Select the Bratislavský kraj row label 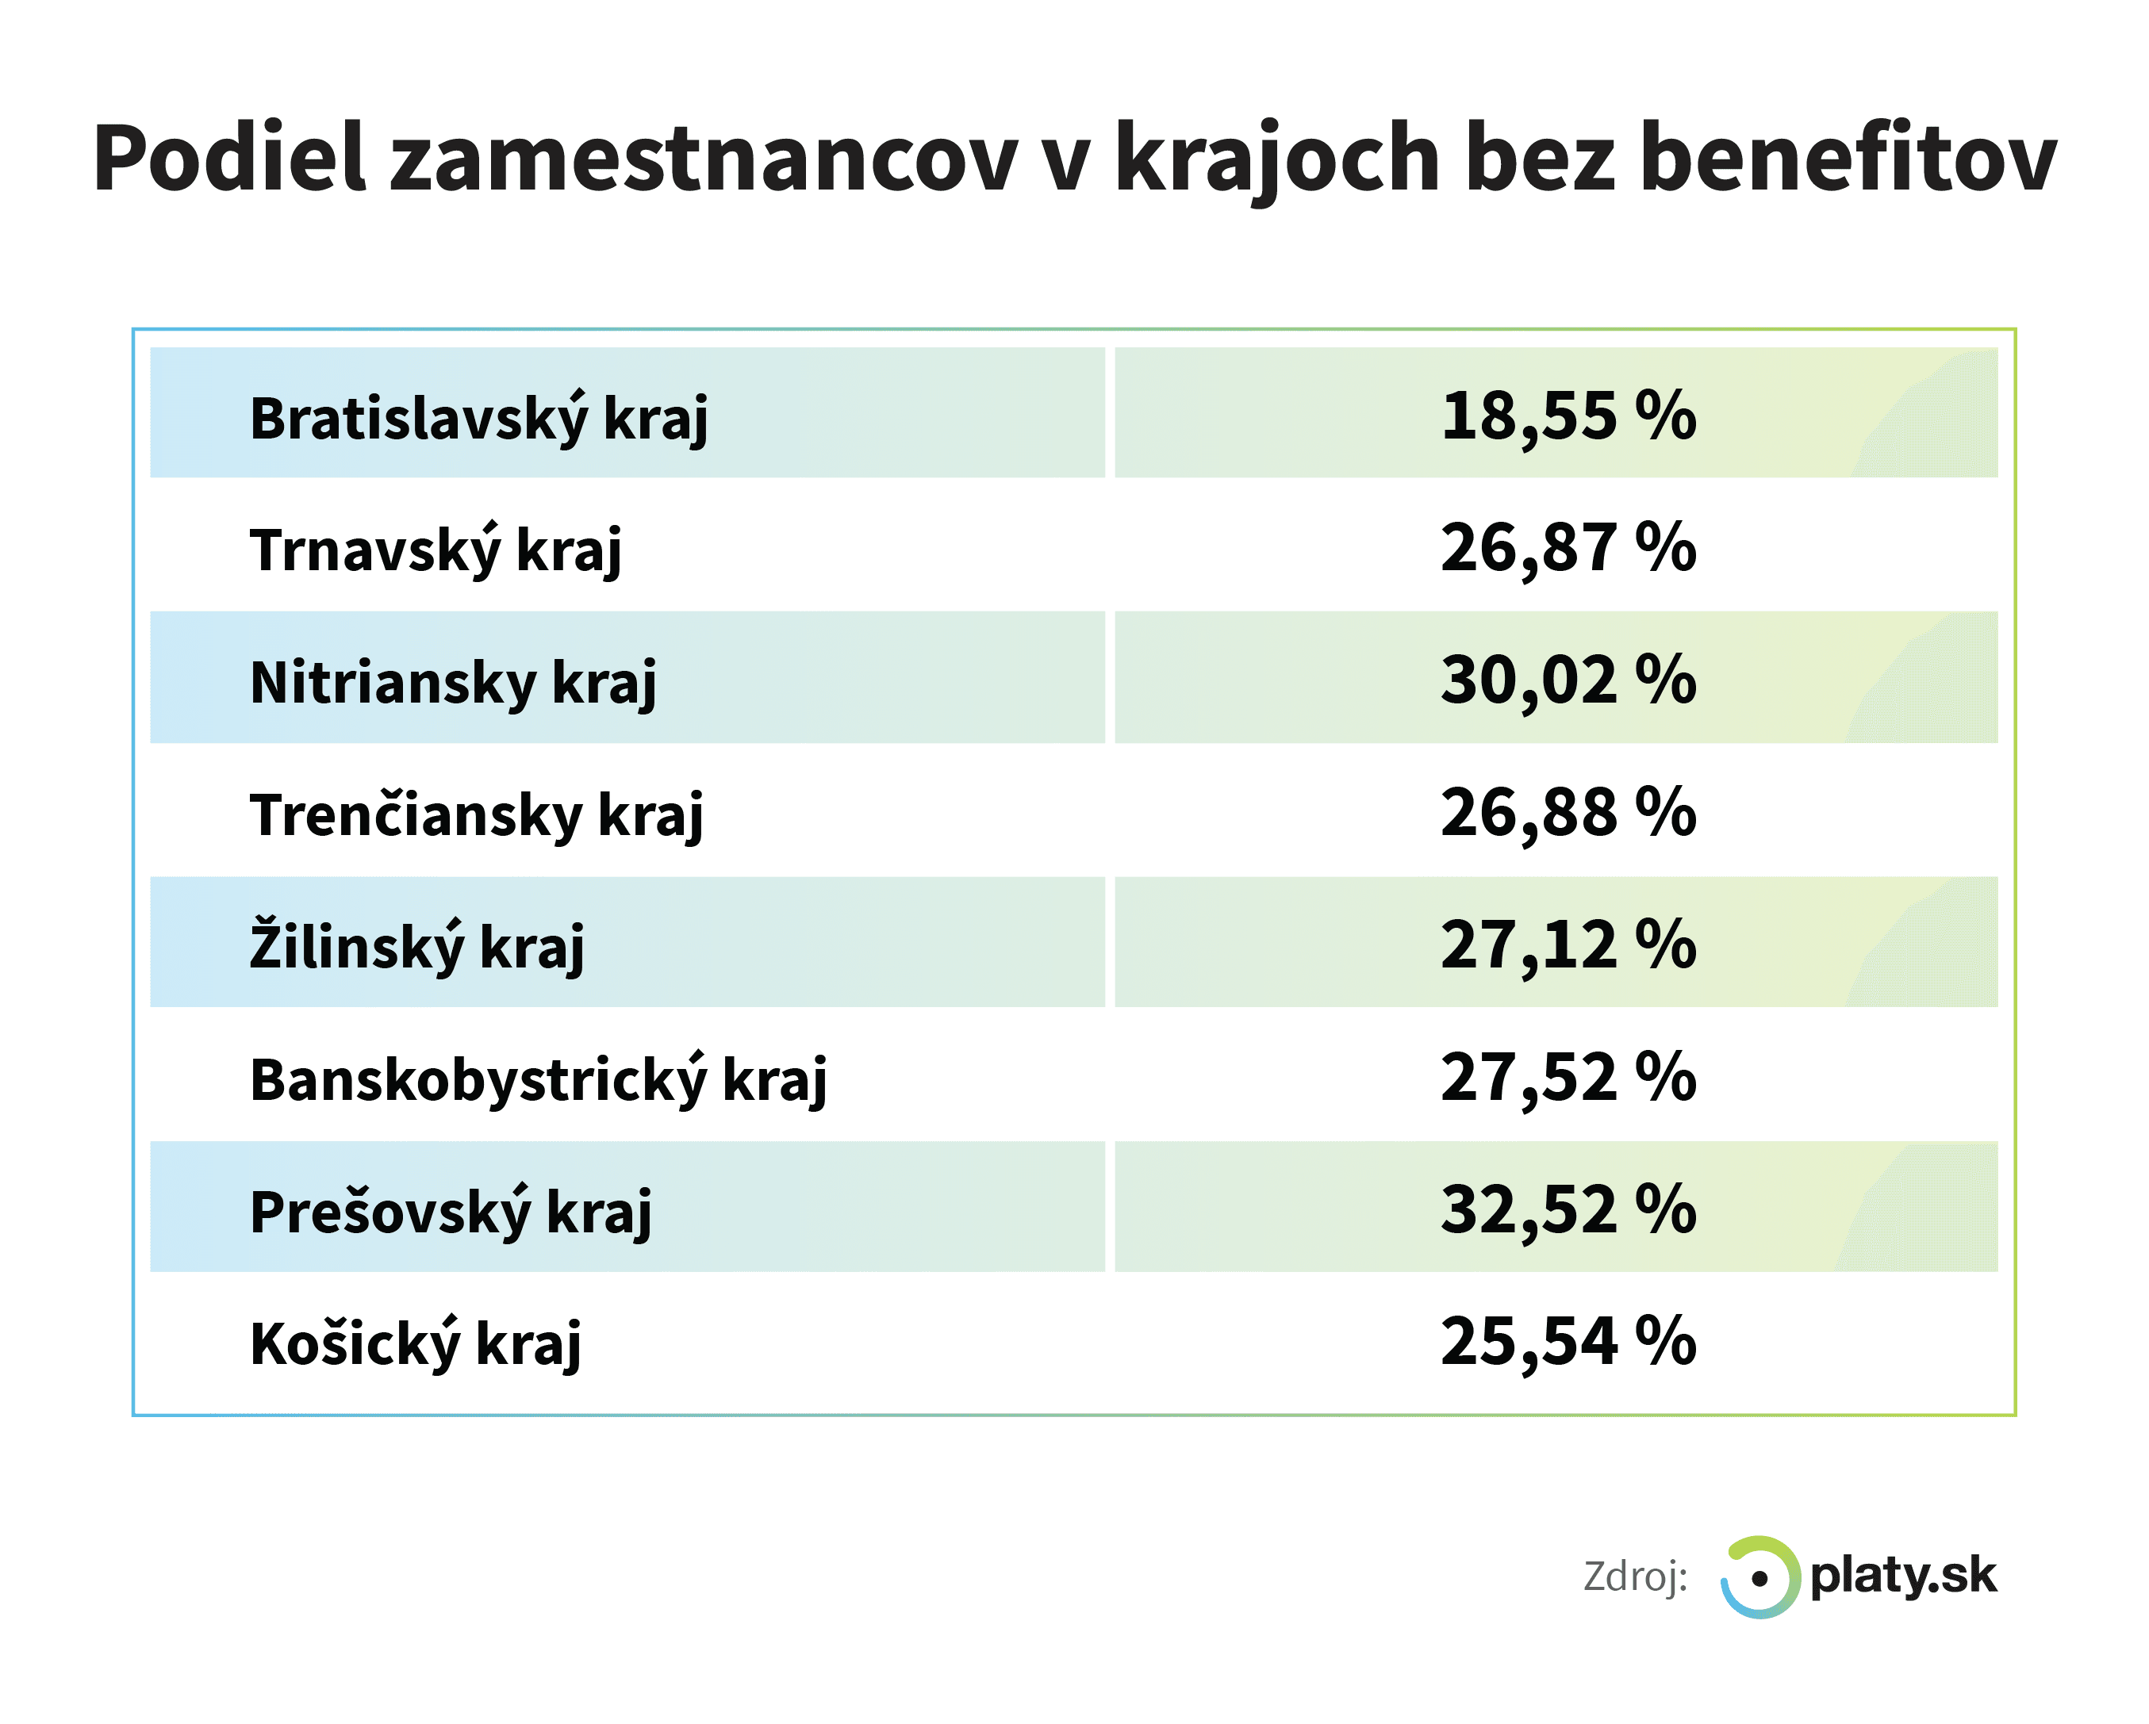tap(478, 418)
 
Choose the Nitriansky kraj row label tap(452, 683)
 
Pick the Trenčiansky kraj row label tap(477, 814)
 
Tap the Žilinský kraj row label tap(416, 946)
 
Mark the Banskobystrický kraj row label tap(539, 1079)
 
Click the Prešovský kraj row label tap(451, 1212)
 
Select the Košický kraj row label tap(415, 1343)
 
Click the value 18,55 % tap(1568, 416)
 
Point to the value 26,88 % tap(1568, 812)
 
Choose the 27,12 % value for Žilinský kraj tap(1568, 944)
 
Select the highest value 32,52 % tap(1568, 1210)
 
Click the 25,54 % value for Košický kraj tap(1568, 1341)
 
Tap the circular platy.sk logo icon tap(1760, 1577)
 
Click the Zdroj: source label tap(1636, 1577)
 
